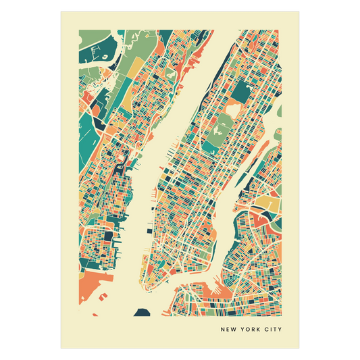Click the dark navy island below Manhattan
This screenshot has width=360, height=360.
click(143, 311)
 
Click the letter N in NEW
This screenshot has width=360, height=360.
click(223, 330)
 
